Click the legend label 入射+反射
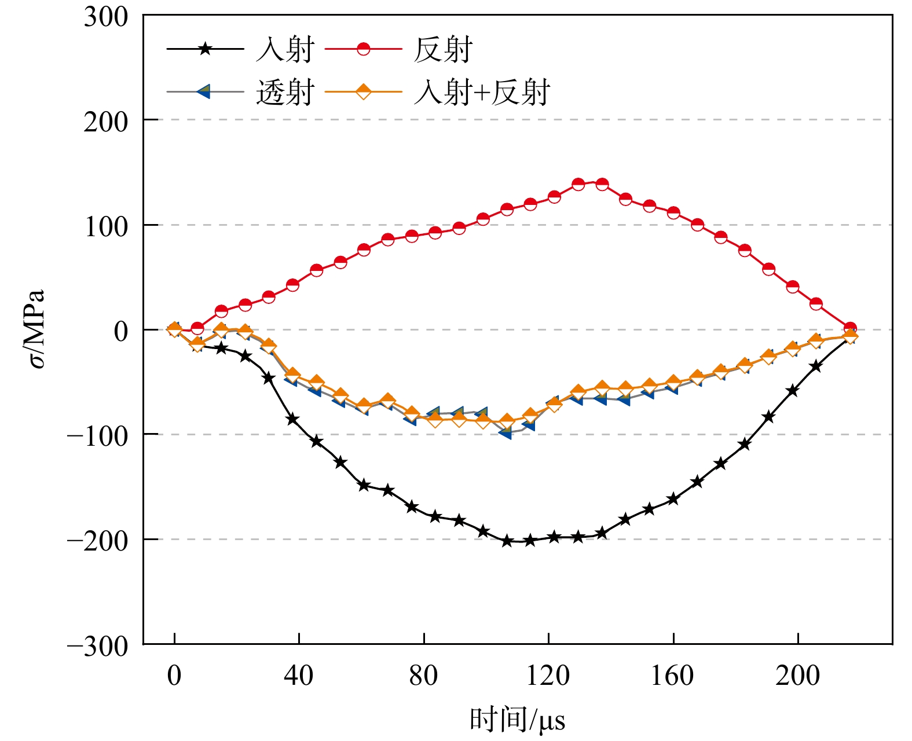tap(482, 92)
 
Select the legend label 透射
tap(285, 92)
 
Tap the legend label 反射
tap(443, 49)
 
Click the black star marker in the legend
tap(205, 49)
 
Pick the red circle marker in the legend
tap(363, 49)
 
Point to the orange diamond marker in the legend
tap(363, 91)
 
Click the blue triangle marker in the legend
tap(204, 91)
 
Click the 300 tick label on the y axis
tap(106, 17)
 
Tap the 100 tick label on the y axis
tap(106, 226)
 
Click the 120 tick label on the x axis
tap(548, 675)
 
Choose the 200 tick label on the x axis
tap(798, 675)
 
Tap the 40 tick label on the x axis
tap(299, 675)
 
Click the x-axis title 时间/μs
tap(517, 720)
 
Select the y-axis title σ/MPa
tap(36, 329)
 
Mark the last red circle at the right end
tap(850, 328)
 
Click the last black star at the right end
tap(849, 337)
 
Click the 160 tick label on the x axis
tap(673, 675)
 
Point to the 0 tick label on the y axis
tap(121, 331)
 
